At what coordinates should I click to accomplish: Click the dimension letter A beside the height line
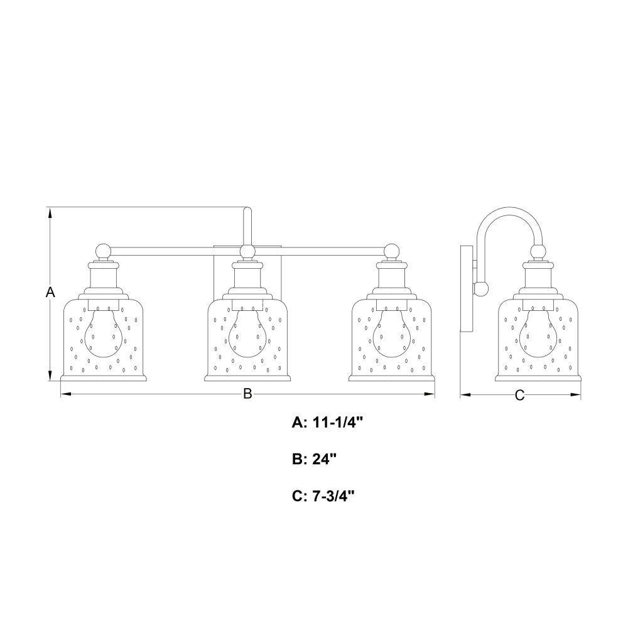pos(50,292)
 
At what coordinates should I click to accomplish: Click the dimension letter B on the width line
pos(247,394)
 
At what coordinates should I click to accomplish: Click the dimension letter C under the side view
pos(519,395)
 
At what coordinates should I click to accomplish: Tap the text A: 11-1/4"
pos(328,422)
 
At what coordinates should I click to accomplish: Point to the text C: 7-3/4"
pos(323,496)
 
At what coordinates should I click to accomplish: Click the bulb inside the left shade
pos(104,332)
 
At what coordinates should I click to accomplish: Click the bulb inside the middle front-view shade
pos(247,332)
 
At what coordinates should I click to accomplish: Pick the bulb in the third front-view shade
pos(391,332)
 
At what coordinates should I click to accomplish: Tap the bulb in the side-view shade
pos(538,332)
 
